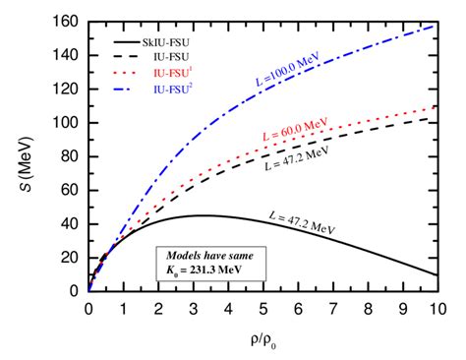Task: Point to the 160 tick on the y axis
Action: pyautogui.click(x=70, y=22)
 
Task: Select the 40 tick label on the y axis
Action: pyautogui.click(x=73, y=223)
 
